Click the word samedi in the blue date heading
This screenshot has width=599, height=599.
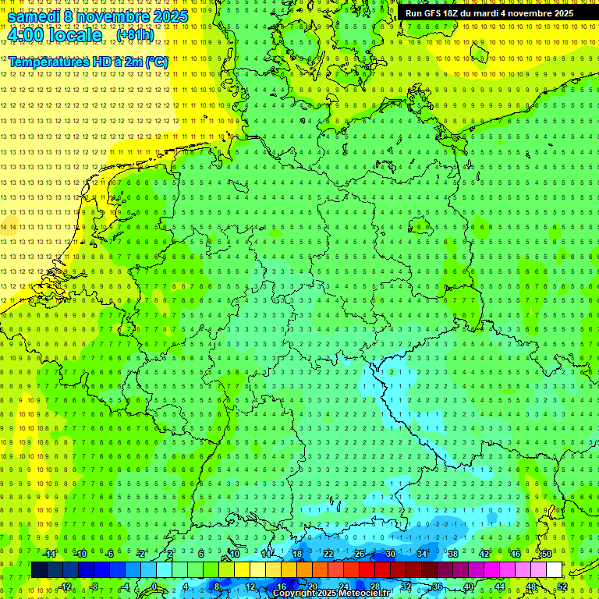[35, 16]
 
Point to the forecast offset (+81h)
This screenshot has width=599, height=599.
[135, 35]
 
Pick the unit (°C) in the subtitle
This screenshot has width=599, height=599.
[155, 62]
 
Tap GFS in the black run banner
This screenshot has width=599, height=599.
[434, 13]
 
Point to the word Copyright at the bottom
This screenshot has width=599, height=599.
[295, 594]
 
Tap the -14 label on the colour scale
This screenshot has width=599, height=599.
[50, 554]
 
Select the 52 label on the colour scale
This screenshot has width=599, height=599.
[562, 586]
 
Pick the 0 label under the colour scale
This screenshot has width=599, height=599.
[154, 586]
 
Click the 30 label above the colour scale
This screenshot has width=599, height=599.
[390, 554]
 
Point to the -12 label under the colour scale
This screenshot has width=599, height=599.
[66, 586]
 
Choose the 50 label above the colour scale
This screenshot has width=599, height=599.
[547, 554]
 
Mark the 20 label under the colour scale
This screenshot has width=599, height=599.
[312, 586]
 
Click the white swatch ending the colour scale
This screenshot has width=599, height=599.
[554, 569]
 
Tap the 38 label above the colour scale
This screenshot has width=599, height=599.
[453, 554]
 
